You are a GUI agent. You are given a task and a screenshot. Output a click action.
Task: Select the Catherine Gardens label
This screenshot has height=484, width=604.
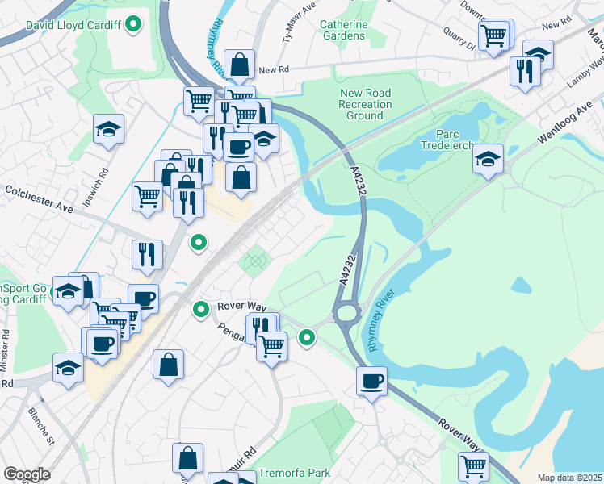click(x=343, y=30)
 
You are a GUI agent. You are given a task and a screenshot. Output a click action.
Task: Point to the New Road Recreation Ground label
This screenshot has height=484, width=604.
click(x=365, y=105)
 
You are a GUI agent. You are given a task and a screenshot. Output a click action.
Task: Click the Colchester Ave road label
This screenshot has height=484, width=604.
click(x=40, y=198)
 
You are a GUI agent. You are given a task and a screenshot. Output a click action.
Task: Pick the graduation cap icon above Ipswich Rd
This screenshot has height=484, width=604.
click(x=106, y=130)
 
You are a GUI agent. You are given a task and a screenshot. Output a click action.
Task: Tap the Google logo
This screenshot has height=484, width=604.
click(x=27, y=474)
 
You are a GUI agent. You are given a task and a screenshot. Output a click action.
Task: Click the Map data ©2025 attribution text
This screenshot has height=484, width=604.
click(x=569, y=478)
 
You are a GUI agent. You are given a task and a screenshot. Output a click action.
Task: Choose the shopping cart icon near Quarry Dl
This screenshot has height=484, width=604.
click(x=493, y=35)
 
